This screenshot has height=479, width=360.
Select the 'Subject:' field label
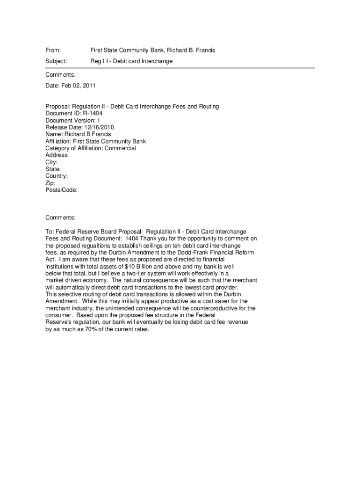(56, 61)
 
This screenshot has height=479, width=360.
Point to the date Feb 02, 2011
(78, 86)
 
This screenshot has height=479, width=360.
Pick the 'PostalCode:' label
(61, 190)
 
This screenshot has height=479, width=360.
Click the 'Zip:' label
(50, 183)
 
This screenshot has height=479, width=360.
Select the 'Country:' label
(57, 176)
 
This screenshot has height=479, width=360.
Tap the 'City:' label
(51, 162)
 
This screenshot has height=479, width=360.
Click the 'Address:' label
(57, 155)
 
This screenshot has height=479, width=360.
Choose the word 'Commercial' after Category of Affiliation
(120, 148)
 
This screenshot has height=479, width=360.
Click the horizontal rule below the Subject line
(180, 68)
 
